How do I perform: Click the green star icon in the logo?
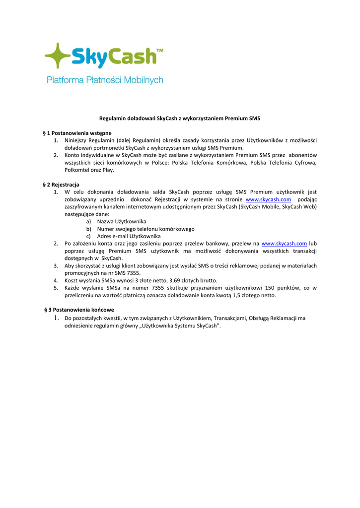[57, 56]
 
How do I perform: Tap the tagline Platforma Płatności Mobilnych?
[105, 79]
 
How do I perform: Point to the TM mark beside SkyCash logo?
[160, 51]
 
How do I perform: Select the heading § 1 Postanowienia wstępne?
[77, 133]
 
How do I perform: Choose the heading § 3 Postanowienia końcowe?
[79, 310]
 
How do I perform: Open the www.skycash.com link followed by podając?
[268, 199]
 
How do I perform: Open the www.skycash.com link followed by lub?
[284, 244]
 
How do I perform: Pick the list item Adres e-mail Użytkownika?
[129, 236]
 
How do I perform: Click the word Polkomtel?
[77, 170]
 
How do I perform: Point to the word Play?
[108, 170]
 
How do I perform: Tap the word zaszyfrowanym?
[84, 206]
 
